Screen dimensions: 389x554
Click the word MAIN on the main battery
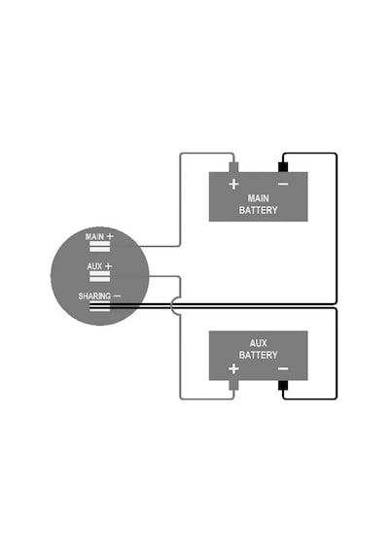point(258,198)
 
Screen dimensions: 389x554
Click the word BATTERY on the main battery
point(258,210)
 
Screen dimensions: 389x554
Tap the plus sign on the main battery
point(233,184)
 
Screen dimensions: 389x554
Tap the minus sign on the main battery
point(283,184)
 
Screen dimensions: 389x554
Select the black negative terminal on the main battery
point(283,167)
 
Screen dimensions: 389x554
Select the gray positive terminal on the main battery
point(233,167)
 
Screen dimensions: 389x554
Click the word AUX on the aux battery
point(258,343)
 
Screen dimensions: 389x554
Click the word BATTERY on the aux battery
point(258,355)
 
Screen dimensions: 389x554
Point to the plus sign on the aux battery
point(233,369)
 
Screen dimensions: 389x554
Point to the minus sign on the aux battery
point(283,369)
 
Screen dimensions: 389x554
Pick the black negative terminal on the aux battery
point(283,385)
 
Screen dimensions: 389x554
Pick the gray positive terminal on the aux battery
point(233,385)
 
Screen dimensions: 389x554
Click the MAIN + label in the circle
point(99,236)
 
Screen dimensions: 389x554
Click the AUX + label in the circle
point(99,266)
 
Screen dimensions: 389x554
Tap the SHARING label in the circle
point(94,296)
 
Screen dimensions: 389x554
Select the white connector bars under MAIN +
point(99,247)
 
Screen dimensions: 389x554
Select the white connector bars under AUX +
point(99,277)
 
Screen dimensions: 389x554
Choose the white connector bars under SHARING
point(99,306)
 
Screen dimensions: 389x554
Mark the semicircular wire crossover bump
point(172,306)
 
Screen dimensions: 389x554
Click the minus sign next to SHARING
point(117,295)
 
